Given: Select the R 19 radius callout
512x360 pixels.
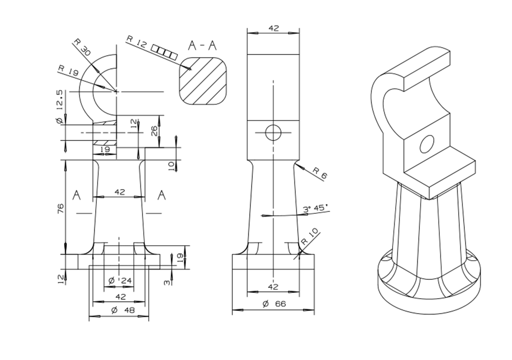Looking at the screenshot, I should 67,71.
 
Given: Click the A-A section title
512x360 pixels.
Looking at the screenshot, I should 202,46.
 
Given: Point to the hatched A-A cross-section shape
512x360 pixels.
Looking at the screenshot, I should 203,81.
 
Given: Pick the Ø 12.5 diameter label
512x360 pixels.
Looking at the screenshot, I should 61,107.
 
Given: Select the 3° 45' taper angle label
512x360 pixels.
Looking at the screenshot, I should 316,209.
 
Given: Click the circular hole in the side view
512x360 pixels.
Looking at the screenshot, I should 273,133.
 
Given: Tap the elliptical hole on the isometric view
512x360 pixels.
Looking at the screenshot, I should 427,144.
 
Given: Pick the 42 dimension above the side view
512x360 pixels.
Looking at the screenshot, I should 273,28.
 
